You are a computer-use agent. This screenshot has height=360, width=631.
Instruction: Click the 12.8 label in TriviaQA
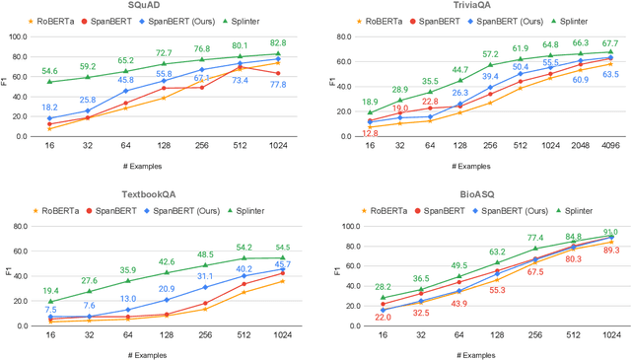(x=370, y=133)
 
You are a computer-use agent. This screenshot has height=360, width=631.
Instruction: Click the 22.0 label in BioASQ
(x=370, y=317)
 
